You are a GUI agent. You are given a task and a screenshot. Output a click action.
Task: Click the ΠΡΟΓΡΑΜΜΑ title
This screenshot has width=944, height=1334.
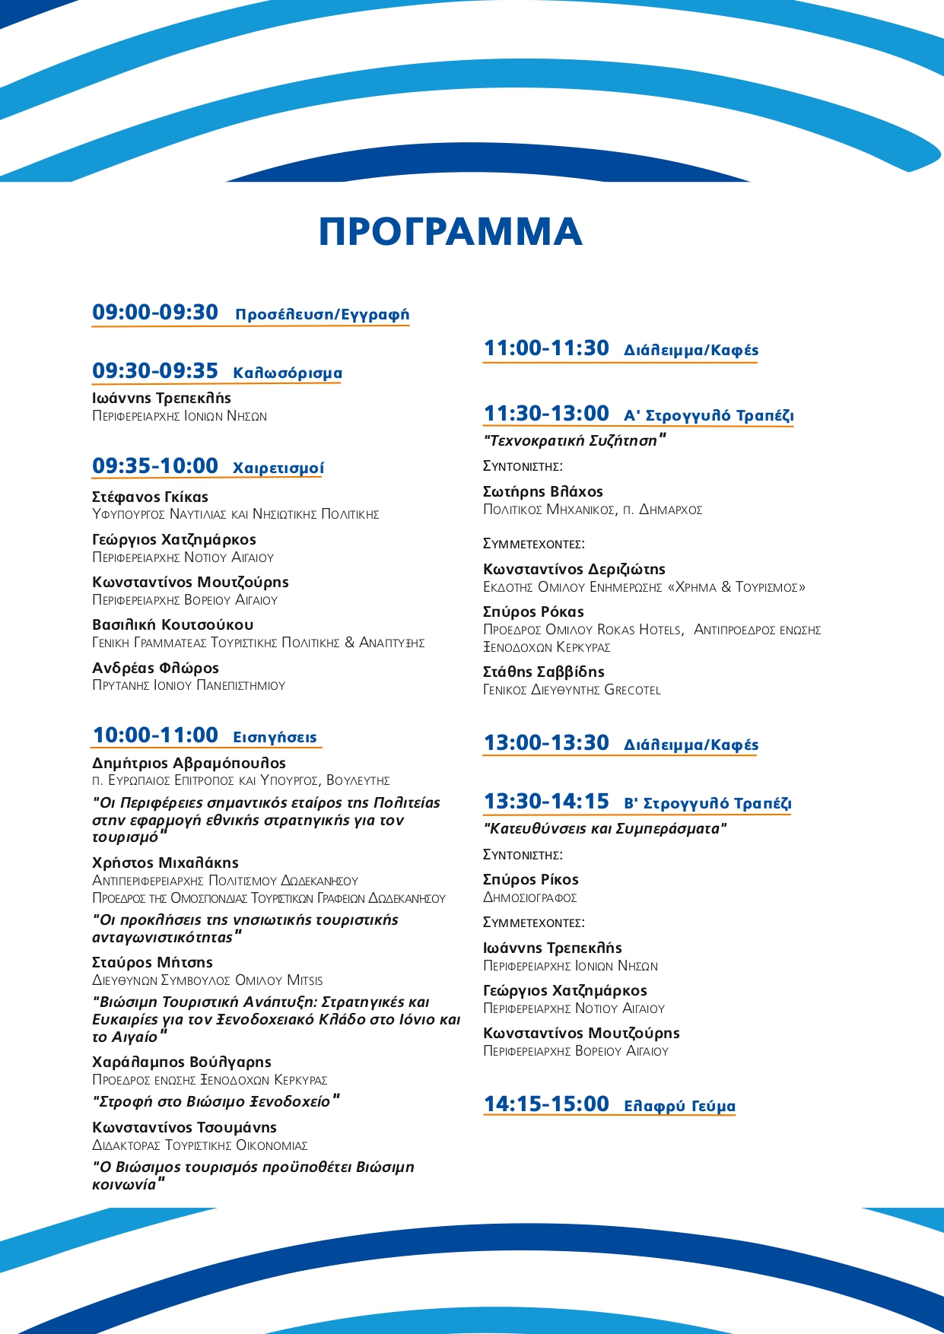point(450,231)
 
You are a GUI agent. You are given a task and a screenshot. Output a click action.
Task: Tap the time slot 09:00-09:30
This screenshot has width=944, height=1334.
point(155,313)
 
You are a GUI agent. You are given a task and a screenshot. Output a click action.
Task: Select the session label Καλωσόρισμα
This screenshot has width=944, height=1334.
point(288,373)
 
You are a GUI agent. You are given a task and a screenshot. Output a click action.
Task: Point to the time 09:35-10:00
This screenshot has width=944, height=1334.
point(155,466)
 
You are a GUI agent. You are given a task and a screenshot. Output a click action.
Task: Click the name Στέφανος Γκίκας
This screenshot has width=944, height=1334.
point(150,497)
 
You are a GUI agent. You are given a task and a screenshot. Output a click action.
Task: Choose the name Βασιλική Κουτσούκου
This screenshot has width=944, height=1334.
point(173,625)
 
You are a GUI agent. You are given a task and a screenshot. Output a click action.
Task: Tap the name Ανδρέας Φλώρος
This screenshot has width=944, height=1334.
point(155,668)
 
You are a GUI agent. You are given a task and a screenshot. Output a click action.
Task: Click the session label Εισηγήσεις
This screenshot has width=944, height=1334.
point(275,737)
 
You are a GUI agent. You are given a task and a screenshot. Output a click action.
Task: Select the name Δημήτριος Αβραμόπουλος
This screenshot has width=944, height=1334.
point(189,763)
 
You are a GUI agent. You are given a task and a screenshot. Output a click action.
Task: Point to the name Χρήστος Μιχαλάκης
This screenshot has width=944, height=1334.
point(165,863)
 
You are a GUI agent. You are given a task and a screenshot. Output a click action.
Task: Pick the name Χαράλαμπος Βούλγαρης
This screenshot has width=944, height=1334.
point(182,1062)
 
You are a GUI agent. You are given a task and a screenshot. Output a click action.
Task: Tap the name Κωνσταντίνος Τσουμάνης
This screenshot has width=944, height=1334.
point(184,1128)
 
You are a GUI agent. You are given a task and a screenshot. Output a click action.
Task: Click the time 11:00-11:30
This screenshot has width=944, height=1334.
point(546,348)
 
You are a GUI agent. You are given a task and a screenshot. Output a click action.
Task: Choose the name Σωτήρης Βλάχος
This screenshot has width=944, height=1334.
point(543,492)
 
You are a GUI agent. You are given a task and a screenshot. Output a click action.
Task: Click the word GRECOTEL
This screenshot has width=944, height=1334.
point(632,691)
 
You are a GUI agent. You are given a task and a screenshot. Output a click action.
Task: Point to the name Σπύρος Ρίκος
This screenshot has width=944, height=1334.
point(531,880)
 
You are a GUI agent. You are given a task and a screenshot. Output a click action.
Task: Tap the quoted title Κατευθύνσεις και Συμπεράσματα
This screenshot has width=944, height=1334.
point(605,829)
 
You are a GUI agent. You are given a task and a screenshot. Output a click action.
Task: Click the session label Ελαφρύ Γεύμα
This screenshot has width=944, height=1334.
point(679,1106)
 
